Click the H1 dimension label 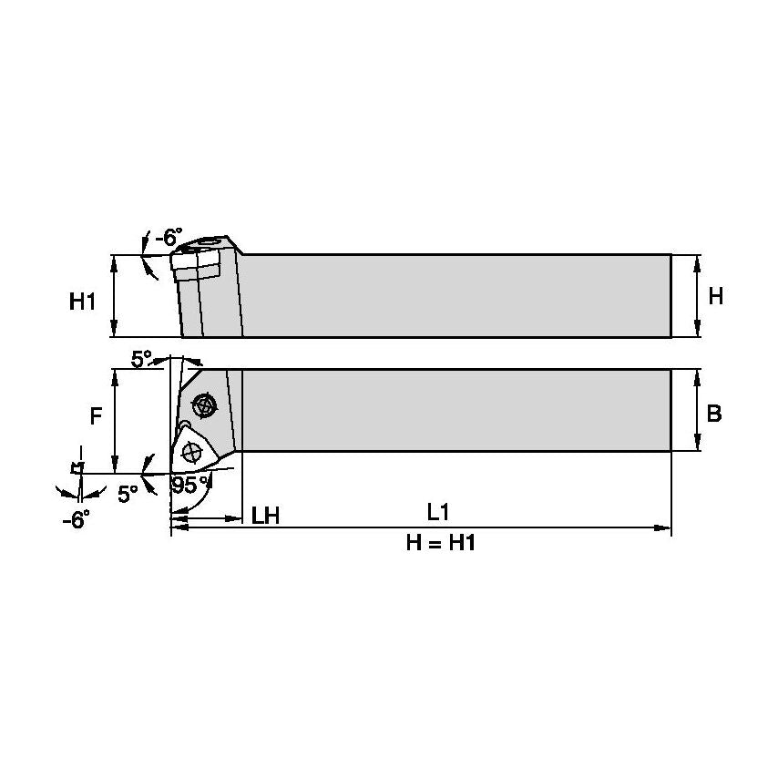[x=83, y=301]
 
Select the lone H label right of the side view [x=715, y=296]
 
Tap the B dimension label [x=714, y=414]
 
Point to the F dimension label [x=96, y=416]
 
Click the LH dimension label [x=264, y=516]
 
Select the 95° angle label [x=188, y=486]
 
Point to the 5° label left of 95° [x=128, y=493]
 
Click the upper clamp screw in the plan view [x=203, y=404]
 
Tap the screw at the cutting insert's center [x=192, y=450]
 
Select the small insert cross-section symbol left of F [x=77, y=467]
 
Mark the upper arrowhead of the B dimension [x=696, y=374]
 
